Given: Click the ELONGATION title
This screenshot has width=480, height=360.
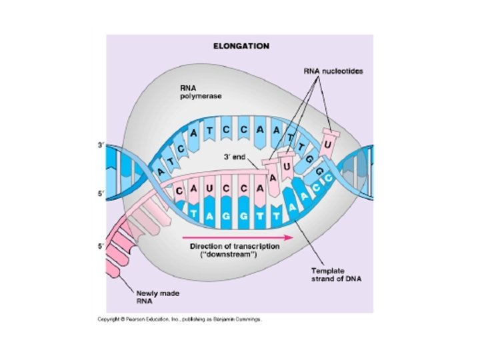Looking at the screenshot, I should tap(241, 46).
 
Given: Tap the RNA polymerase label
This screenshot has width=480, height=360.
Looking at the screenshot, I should tap(196, 91).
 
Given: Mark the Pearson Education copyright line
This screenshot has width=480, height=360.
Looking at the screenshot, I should tap(180, 319).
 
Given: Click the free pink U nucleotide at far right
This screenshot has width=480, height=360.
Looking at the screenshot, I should tap(327, 143).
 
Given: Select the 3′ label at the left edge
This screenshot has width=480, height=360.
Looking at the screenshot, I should tap(100, 143).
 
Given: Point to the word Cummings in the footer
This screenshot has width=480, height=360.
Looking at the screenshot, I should tap(247, 319).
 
